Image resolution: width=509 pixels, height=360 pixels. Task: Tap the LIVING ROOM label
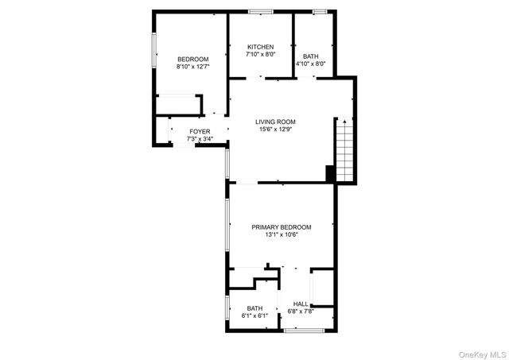pyautogui.click(x=275, y=122)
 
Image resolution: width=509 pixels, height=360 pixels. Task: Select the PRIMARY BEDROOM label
pyautogui.click(x=282, y=227)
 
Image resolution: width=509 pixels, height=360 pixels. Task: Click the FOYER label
pyautogui.click(x=200, y=131)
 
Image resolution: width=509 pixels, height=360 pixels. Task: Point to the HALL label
pyautogui.click(x=301, y=304)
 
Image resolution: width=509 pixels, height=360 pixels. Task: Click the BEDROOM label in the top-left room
pyautogui.click(x=192, y=60)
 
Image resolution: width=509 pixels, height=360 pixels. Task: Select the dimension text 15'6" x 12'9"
pyautogui.click(x=275, y=130)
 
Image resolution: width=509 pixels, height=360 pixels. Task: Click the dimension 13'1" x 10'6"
pyautogui.click(x=282, y=235)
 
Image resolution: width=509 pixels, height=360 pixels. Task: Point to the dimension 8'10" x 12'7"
pyautogui.click(x=192, y=68)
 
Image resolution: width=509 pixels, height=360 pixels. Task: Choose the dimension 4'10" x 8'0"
pyautogui.click(x=310, y=64)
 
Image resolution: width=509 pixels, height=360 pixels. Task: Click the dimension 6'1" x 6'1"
pyautogui.click(x=254, y=315)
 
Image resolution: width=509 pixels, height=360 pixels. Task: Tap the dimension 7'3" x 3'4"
pyautogui.click(x=200, y=139)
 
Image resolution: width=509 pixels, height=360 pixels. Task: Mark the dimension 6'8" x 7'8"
pyautogui.click(x=301, y=312)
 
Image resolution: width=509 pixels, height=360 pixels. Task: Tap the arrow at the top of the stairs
pyautogui.click(x=344, y=121)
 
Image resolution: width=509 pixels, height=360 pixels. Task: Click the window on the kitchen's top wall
pyautogui.click(x=259, y=11)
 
